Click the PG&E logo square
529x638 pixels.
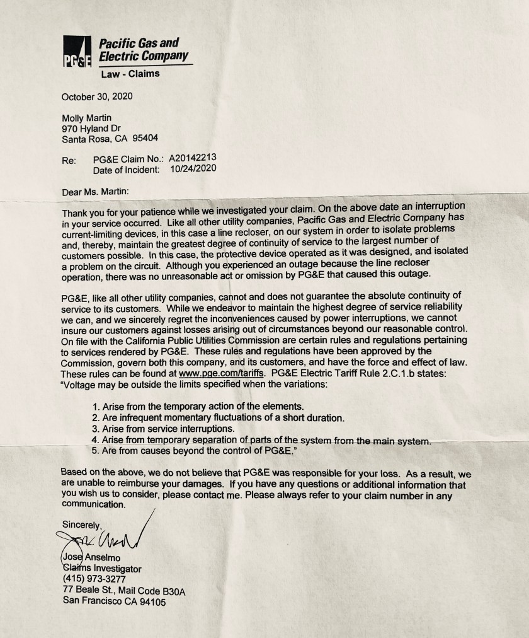pos(77,52)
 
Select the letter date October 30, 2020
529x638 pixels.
pos(97,96)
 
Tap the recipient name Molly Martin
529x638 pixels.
pos(86,118)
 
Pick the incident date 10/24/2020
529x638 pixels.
pos(193,170)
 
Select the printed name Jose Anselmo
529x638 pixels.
pos(91,557)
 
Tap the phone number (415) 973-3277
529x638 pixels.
pos(94,579)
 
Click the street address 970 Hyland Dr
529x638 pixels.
pos(91,129)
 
